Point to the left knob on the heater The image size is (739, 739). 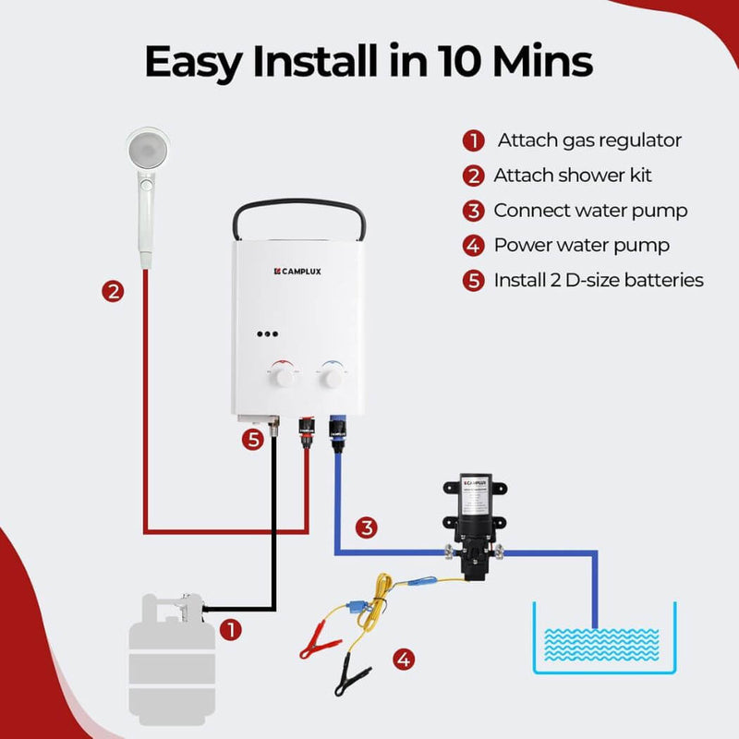pos(285,376)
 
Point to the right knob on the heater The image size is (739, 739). pos(331,376)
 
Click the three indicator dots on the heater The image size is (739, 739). pos(269,336)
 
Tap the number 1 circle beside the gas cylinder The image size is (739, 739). pos(231,631)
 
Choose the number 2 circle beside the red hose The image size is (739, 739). pos(113,292)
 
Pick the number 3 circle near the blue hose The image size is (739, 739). pos(368,528)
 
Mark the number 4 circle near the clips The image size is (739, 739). pos(403,659)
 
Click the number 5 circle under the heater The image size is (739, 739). pos(255,440)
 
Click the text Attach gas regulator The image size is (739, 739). pos(589,140)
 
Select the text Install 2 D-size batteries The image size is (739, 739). pos(599,280)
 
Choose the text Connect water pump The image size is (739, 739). pos(590,211)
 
